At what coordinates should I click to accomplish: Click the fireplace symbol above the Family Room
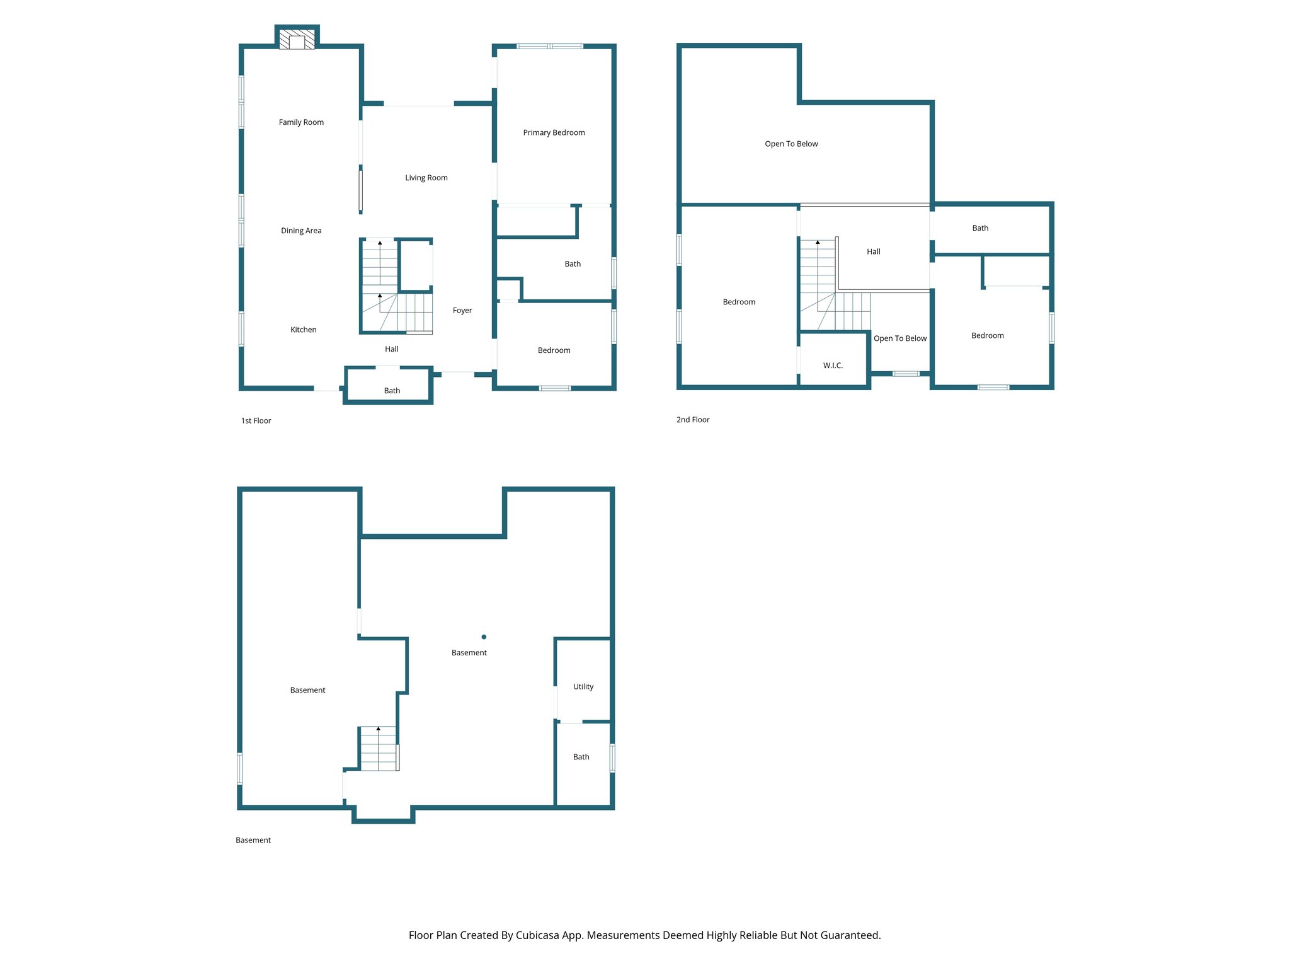point(297,39)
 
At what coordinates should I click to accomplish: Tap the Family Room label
point(301,122)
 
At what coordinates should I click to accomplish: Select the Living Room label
point(426,178)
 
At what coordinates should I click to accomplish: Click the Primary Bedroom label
point(554,132)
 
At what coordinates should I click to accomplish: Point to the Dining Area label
point(301,231)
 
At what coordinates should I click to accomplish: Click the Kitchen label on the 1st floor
point(303,330)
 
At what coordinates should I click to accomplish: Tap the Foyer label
point(462,310)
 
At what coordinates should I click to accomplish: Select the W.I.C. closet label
point(833,366)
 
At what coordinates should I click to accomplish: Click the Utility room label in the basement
point(583,686)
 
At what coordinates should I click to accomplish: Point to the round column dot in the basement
point(484,637)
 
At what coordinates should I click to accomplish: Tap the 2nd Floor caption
point(693,420)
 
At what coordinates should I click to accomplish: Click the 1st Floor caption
point(256,420)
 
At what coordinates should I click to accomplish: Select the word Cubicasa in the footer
point(538,935)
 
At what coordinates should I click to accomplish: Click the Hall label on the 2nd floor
point(873,251)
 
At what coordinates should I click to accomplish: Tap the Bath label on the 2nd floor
point(980,228)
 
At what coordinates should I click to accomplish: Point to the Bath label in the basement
point(581,757)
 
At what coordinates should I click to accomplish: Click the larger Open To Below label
point(791,144)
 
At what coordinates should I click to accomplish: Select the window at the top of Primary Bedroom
point(550,46)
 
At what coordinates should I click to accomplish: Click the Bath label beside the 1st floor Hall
point(392,391)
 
